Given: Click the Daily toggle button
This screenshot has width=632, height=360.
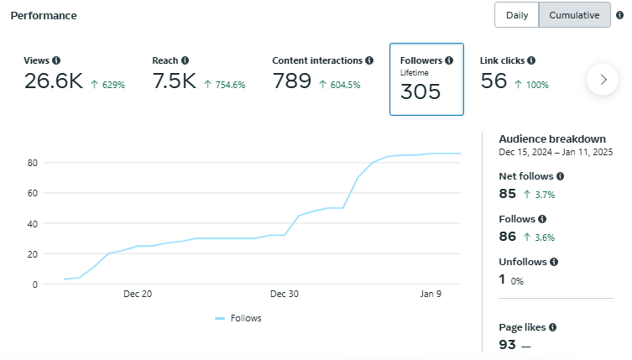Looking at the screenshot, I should [516, 15].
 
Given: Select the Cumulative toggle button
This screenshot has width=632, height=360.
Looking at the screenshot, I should [574, 15].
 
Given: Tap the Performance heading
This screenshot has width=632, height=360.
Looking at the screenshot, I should [44, 16].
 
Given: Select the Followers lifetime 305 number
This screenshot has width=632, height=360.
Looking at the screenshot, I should [420, 91].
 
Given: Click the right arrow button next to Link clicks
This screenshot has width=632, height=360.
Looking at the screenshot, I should [603, 80].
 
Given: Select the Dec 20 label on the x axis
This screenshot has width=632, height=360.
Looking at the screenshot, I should [137, 294].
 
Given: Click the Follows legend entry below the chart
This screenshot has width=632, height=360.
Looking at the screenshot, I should [238, 318].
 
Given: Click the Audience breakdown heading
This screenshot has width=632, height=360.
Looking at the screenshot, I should [552, 138].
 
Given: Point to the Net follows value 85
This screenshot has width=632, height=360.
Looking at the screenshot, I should [507, 194].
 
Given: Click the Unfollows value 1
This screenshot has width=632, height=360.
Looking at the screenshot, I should [503, 280].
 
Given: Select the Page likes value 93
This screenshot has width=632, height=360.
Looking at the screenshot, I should [507, 344].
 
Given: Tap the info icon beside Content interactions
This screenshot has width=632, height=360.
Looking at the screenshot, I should [369, 60].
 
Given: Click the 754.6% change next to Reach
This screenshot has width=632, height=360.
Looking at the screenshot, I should [230, 85].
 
